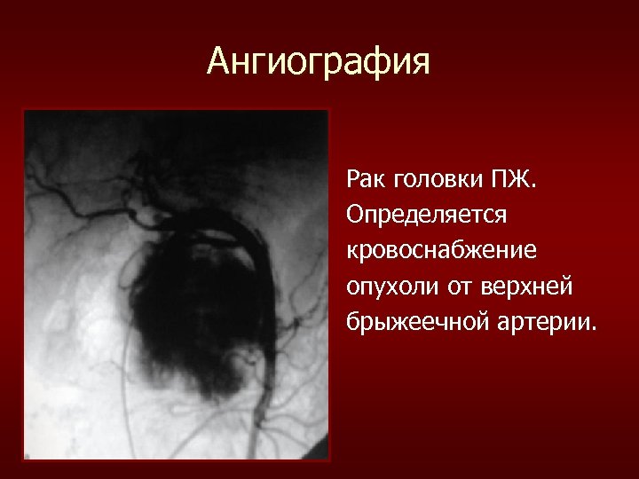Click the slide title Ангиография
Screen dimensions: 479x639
click(x=319, y=62)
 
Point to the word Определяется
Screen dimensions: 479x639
click(x=414, y=216)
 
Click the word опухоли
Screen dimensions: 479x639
click(x=391, y=286)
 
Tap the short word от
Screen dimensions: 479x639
click(x=456, y=286)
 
